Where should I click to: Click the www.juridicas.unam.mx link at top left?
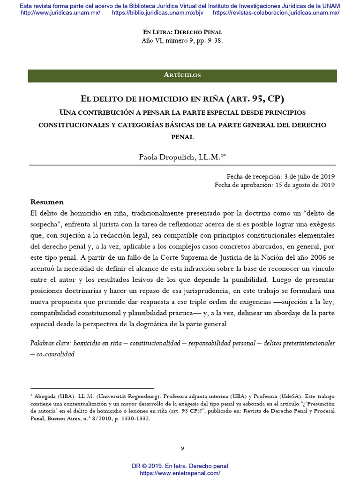pos(60,13)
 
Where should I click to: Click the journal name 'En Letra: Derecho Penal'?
pos(182,32)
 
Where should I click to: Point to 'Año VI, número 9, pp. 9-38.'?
pos(182,40)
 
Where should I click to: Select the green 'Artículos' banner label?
pos(182,75)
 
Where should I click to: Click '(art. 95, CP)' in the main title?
pos(255,99)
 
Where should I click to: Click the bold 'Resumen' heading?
pos(47,202)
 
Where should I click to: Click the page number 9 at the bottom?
pos(182,449)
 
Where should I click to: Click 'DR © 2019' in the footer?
pos(148,466)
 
